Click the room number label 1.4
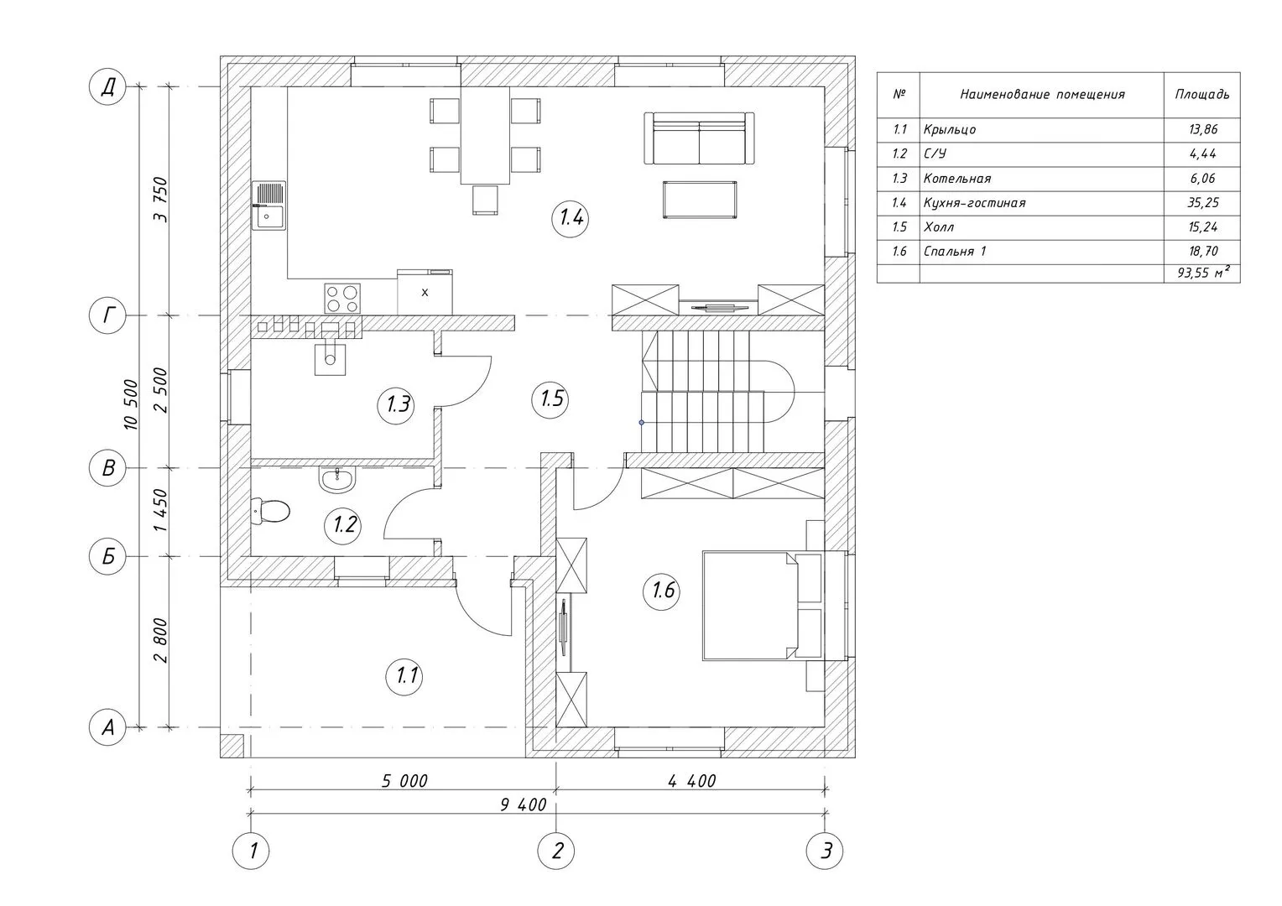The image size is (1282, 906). click(571, 218)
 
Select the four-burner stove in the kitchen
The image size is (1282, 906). click(342, 298)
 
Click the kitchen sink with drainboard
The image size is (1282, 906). click(269, 206)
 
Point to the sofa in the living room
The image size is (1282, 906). click(699, 138)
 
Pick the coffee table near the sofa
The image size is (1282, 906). click(700, 200)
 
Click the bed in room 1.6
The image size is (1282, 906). click(763, 606)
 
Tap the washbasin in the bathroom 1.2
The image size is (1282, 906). click(337, 480)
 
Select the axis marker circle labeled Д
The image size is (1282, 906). click(107, 87)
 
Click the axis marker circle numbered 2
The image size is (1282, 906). click(555, 851)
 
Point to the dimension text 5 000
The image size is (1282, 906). click(404, 781)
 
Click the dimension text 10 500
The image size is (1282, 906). click(131, 404)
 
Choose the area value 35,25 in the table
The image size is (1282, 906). click(1203, 203)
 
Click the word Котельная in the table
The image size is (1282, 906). click(957, 179)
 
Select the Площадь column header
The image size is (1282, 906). click(1201, 95)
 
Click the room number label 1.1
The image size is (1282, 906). click(405, 676)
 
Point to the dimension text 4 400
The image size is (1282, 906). click(692, 781)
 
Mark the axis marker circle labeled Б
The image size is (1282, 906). click(107, 556)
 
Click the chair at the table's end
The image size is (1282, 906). click(485, 200)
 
